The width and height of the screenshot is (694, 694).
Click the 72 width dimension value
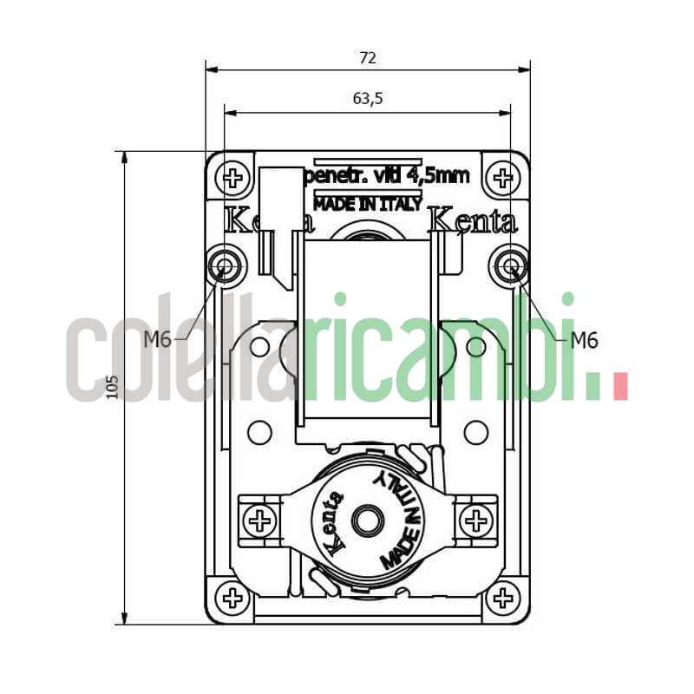click(368, 58)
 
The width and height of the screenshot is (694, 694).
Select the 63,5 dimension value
click(368, 98)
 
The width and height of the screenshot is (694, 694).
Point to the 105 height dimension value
click(111, 387)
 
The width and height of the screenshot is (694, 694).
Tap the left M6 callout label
click(157, 340)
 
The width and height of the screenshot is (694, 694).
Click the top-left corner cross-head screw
click(232, 179)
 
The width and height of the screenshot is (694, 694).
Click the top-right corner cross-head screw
click(501, 179)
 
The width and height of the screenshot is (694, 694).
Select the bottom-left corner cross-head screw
click(232, 597)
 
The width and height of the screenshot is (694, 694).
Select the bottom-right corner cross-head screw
click(501, 597)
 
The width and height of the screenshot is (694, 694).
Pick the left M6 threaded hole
click(226, 265)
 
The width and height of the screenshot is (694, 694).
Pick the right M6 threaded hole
click(509, 265)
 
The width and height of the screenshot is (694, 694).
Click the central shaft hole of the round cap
click(367, 520)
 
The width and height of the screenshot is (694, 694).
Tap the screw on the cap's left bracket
click(259, 520)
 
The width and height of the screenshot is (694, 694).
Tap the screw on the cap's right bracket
click(475, 520)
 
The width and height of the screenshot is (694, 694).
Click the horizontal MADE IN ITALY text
click(368, 205)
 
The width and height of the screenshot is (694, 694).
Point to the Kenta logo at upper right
click(474, 221)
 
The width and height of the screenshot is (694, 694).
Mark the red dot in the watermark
click(619, 387)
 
